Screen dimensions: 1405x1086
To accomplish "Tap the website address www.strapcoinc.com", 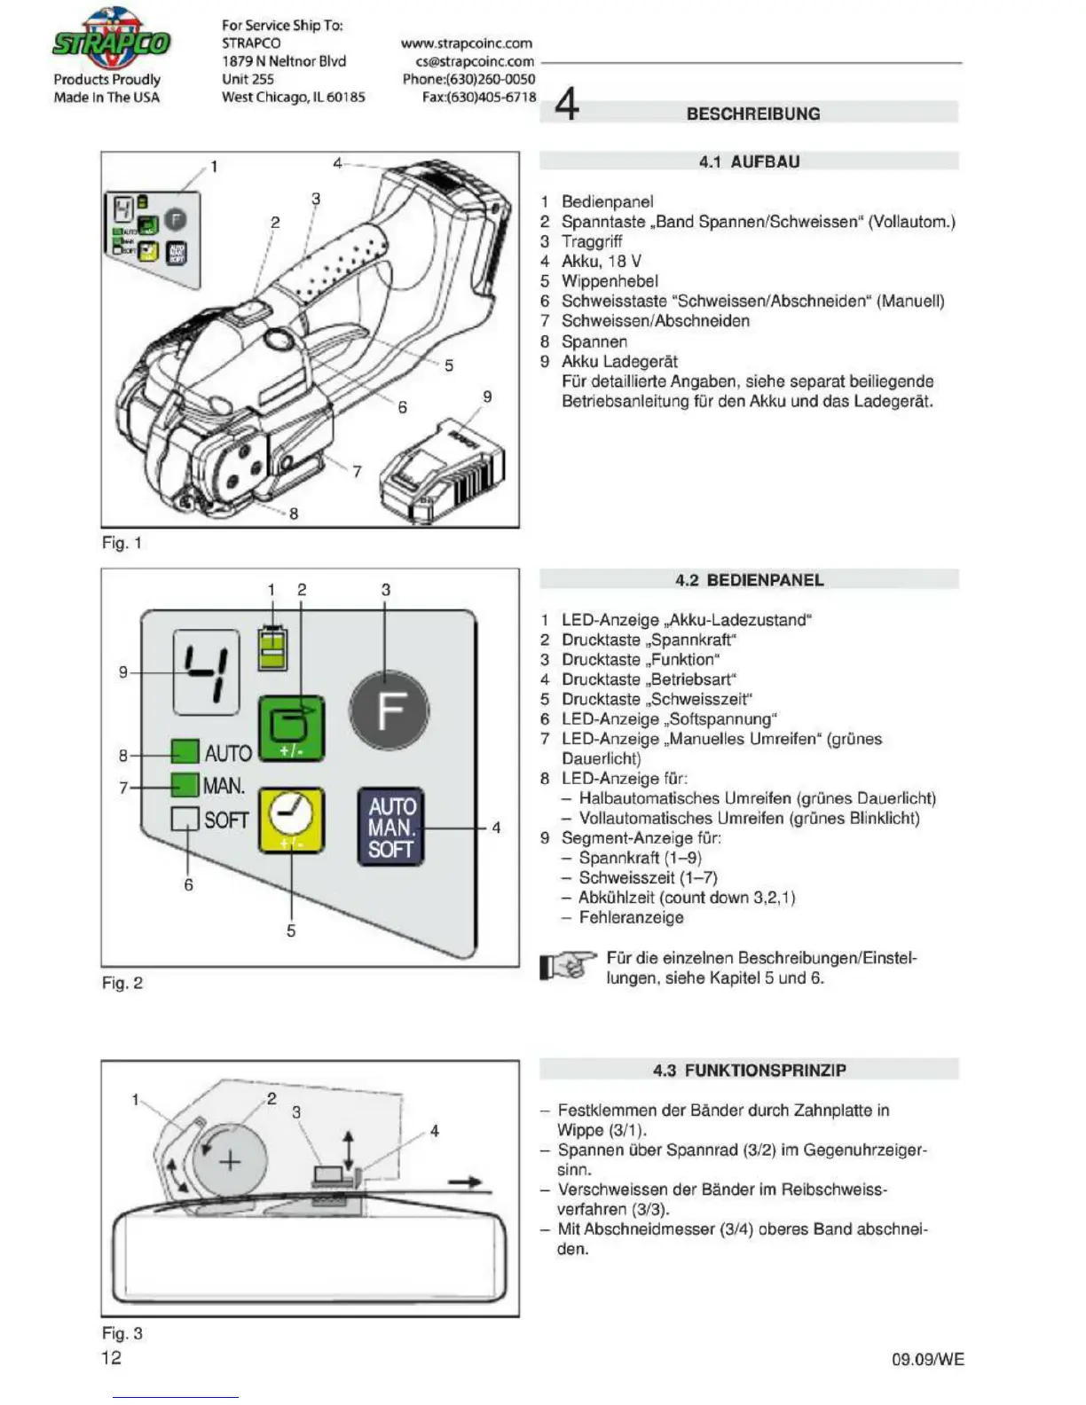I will (x=467, y=43).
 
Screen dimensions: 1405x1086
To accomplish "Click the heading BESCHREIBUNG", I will (x=752, y=114).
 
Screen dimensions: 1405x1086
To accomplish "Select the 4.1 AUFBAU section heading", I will (x=749, y=161).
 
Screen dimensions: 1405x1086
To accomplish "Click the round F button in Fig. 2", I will (x=389, y=710).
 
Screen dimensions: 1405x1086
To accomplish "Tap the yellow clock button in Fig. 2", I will (x=290, y=820).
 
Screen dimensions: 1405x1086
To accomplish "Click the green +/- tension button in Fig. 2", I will (x=290, y=728).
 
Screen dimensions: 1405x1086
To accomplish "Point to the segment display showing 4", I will (x=207, y=671).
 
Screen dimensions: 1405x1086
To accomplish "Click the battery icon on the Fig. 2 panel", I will (x=272, y=648).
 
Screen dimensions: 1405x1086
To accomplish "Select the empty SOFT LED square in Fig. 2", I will (x=185, y=819).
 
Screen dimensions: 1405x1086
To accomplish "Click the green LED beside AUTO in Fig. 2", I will (x=185, y=752).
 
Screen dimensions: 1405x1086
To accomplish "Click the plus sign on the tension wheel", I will (x=230, y=1160).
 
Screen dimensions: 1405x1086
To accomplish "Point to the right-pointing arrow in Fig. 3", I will (x=464, y=1181).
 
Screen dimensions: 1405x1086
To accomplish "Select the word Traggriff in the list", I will (x=592, y=241).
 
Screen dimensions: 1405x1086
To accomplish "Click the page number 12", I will (x=111, y=1357).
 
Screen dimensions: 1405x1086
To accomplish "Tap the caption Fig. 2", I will (x=122, y=983).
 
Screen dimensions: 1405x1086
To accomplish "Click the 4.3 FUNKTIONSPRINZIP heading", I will (x=749, y=1070).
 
